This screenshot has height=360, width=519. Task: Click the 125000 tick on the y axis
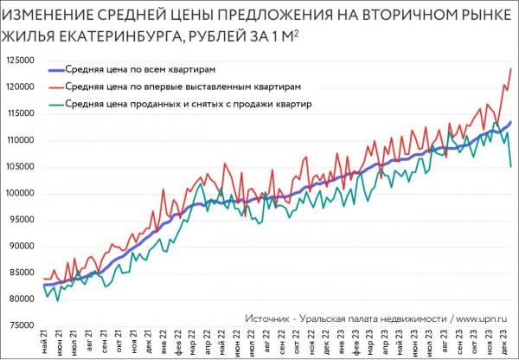click(x=20, y=61)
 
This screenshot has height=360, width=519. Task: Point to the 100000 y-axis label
click(x=20, y=193)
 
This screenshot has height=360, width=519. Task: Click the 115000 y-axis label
click(x=20, y=113)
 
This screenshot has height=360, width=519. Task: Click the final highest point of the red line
click(x=511, y=68)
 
